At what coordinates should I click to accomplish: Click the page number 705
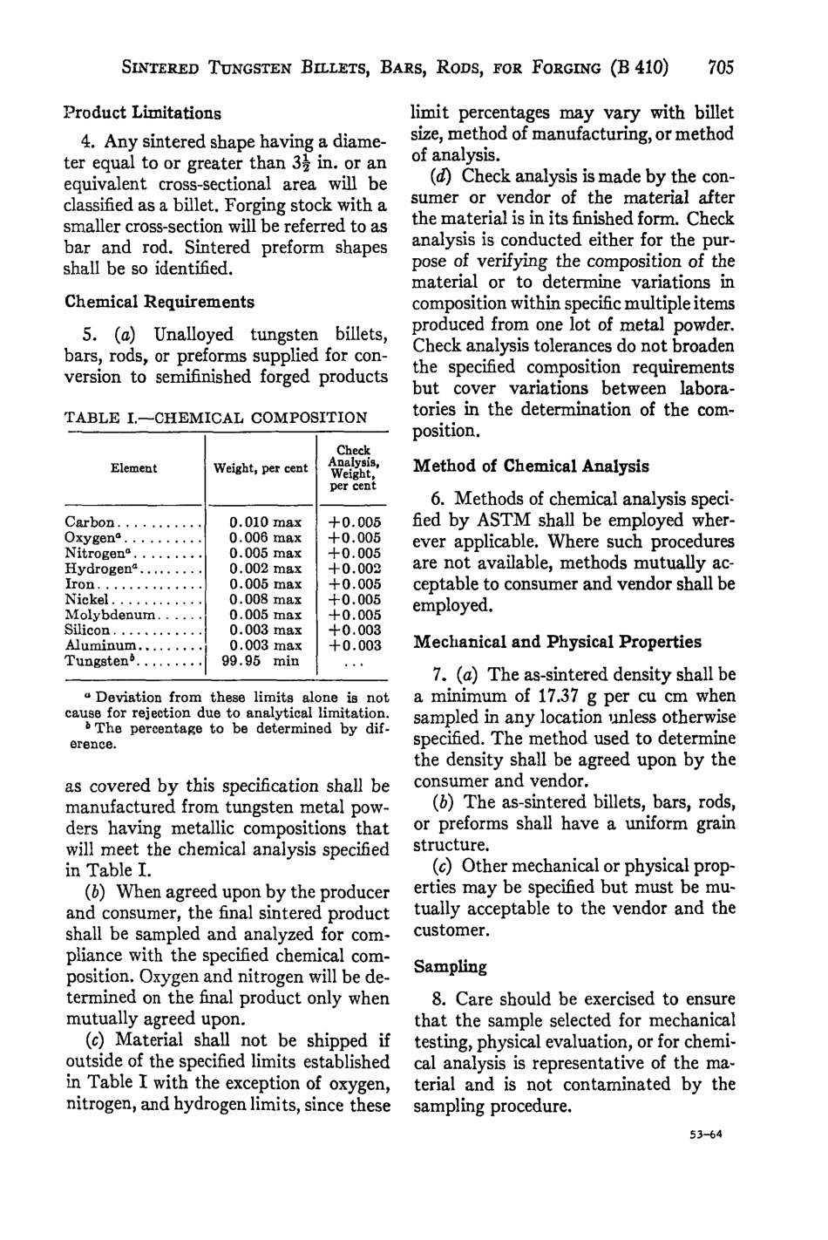pos(722,67)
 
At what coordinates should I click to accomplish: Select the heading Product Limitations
pos(142,112)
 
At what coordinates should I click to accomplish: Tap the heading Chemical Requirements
pos(159,302)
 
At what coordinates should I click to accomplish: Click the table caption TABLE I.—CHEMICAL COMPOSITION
pos(216,418)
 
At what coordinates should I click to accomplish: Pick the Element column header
pos(133,468)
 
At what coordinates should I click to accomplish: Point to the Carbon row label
pos(90,522)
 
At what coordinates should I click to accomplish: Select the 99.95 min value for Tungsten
pos(261,661)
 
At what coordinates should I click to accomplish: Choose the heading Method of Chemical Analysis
pos(531,467)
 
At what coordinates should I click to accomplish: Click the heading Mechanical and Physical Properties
pos(557,642)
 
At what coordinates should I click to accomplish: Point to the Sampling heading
pos(450,967)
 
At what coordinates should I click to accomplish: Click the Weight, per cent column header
pos(261,468)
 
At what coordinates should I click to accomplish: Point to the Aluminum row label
pos(102,645)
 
